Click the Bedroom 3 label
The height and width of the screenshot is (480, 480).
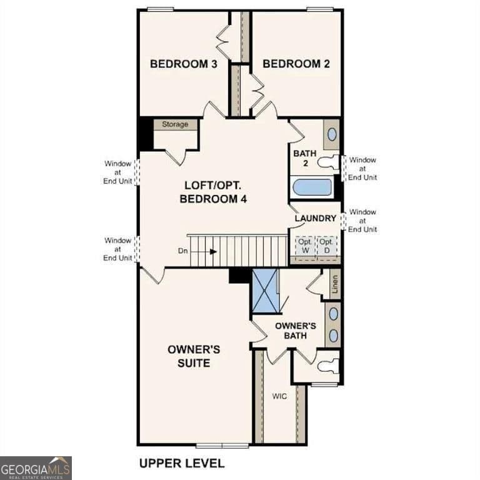pyautogui.click(x=183, y=64)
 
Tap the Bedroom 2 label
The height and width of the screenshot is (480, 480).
pyautogui.click(x=296, y=64)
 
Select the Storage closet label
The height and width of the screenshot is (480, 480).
pyautogui.click(x=175, y=124)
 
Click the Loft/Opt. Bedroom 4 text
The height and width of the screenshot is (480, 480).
pyautogui.click(x=213, y=192)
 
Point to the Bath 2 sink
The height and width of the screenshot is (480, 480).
pyautogui.click(x=332, y=134)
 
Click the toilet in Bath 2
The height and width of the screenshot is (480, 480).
pyautogui.click(x=328, y=162)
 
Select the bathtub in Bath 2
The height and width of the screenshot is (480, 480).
pyautogui.click(x=312, y=187)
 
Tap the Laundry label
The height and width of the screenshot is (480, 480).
pyautogui.click(x=316, y=218)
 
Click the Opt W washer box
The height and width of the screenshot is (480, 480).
pyautogui.click(x=304, y=246)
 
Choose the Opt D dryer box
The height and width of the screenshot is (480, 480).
pyautogui.click(x=326, y=246)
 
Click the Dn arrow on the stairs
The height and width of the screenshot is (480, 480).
pyautogui.click(x=212, y=251)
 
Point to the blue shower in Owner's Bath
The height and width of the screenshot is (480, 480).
pyautogui.click(x=265, y=291)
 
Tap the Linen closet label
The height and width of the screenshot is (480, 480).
pyautogui.click(x=335, y=284)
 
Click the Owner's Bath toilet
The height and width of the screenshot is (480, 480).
pyautogui.click(x=327, y=366)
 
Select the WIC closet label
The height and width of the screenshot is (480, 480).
pyautogui.click(x=279, y=396)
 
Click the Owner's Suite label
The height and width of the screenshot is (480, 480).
pyautogui.click(x=193, y=356)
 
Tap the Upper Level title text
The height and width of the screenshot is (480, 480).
pyautogui.click(x=181, y=463)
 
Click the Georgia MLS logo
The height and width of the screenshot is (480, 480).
pyautogui.click(x=36, y=467)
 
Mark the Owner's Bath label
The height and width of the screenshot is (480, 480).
pyautogui.click(x=296, y=331)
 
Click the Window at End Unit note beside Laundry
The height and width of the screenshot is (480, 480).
pyautogui.click(x=362, y=221)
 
